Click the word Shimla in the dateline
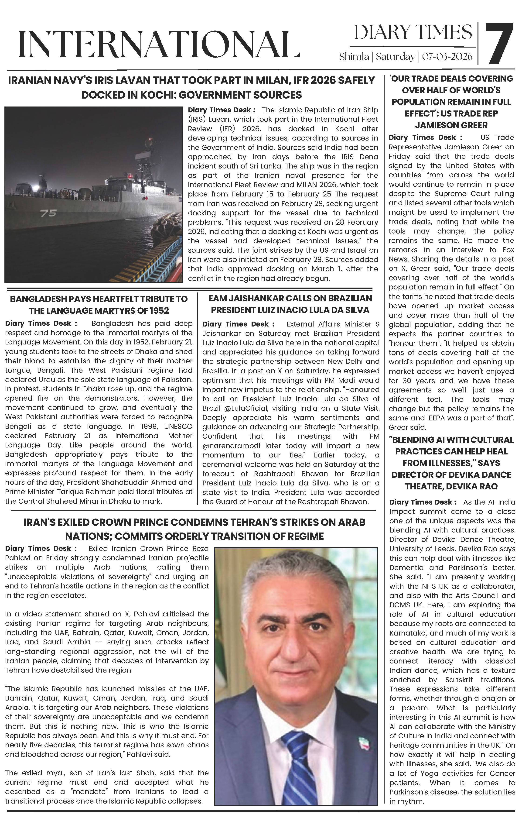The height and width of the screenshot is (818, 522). click(x=354, y=56)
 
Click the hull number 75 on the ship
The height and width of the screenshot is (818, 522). click(x=48, y=213)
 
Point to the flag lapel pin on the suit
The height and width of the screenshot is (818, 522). click(x=363, y=746)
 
